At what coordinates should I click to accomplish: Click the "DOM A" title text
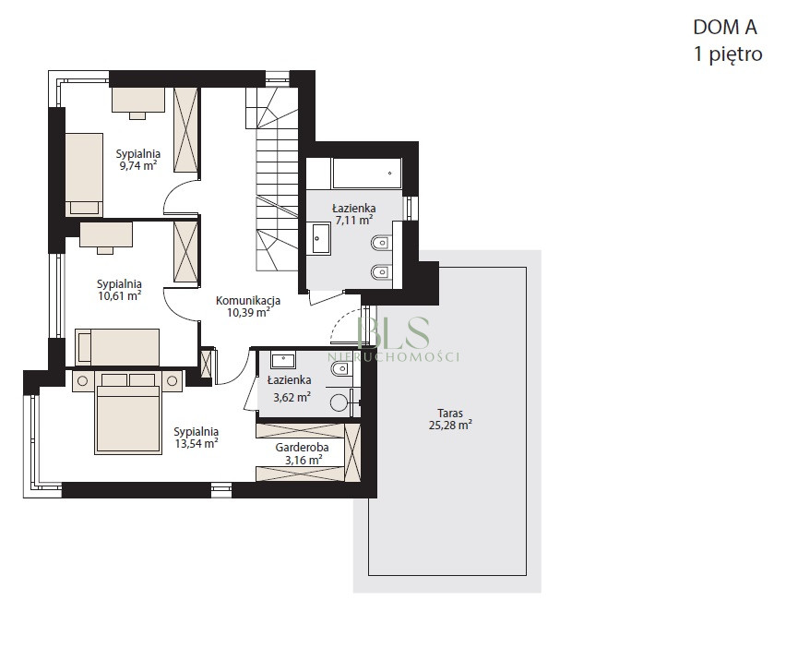(x=725, y=27)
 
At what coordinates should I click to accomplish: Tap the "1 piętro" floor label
(x=728, y=54)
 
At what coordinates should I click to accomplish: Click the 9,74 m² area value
(x=137, y=165)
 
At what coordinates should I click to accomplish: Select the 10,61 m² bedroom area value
(x=119, y=296)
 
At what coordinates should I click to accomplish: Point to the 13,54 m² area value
(x=196, y=443)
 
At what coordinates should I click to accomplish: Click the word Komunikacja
(x=248, y=301)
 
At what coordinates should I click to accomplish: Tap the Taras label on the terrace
(x=450, y=414)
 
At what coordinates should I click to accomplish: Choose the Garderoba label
(x=302, y=448)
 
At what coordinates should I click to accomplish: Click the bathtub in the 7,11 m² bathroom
(x=366, y=174)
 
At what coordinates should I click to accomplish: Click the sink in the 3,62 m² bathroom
(x=283, y=360)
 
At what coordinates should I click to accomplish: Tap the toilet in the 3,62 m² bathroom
(x=341, y=369)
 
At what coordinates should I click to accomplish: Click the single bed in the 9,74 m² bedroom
(x=84, y=174)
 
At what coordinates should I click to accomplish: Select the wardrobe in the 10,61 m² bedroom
(x=186, y=253)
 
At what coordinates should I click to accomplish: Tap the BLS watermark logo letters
(x=394, y=332)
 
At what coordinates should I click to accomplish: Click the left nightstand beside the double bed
(x=83, y=381)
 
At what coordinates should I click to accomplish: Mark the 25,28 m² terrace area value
(x=450, y=426)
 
